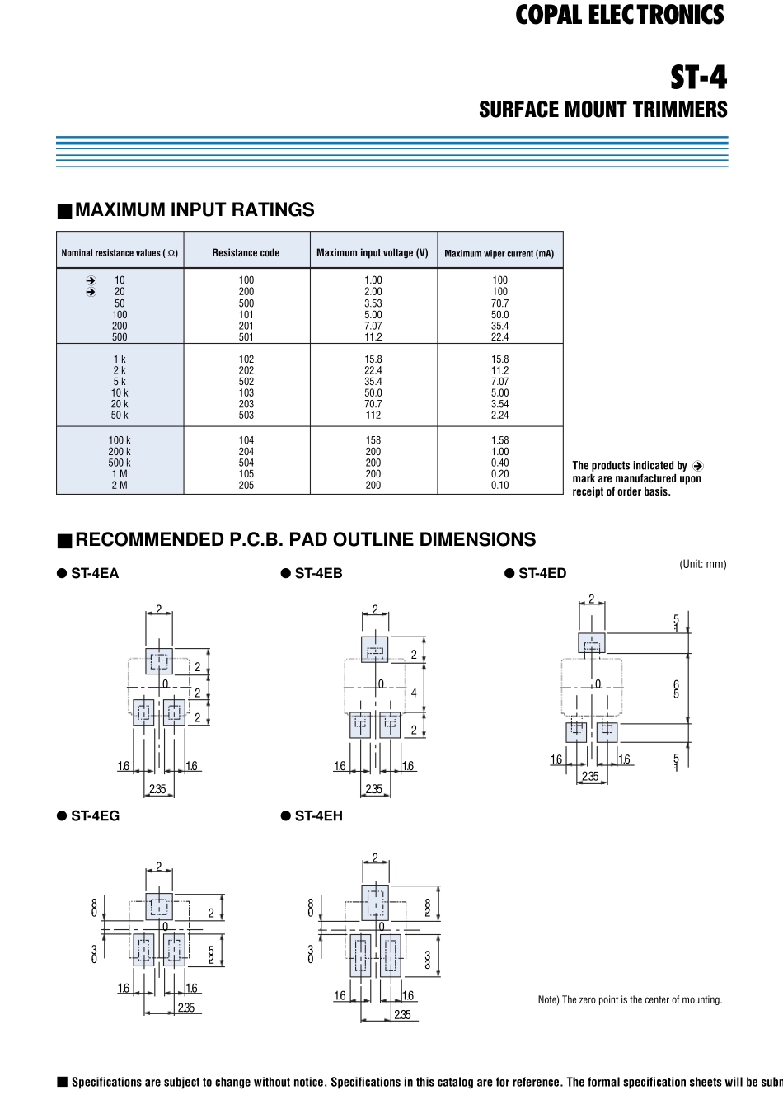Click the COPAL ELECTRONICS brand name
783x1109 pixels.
tap(619, 15)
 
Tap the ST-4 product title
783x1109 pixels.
tap(698, 78)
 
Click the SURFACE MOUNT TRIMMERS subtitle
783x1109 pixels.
tap(602, 110)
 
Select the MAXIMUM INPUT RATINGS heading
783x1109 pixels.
tap(195, 209)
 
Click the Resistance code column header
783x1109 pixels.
tap(246, 253)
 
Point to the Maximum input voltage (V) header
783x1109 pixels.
tap(373, 253)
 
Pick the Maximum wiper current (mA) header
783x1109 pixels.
tap(499, 253)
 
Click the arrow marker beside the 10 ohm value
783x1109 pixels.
tap(91, 280)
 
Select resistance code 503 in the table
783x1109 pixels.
tap(246, 416)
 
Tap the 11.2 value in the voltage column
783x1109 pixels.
tap(373, 337)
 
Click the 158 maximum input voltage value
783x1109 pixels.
tap(373, 440)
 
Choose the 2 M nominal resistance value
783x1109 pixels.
tap(120, 486)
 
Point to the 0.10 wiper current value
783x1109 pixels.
tap(499, 486)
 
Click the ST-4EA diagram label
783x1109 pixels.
tap(95, 573)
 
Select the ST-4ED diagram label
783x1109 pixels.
tap(542, 573)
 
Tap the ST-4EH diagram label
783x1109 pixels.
tap(318, 815)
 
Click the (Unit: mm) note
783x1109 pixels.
tap(702, 564)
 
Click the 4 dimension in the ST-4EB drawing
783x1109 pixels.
tap(414, 693)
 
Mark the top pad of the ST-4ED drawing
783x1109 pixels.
tap(592, 643)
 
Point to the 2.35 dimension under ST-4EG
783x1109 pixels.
tap(186, 1008)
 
